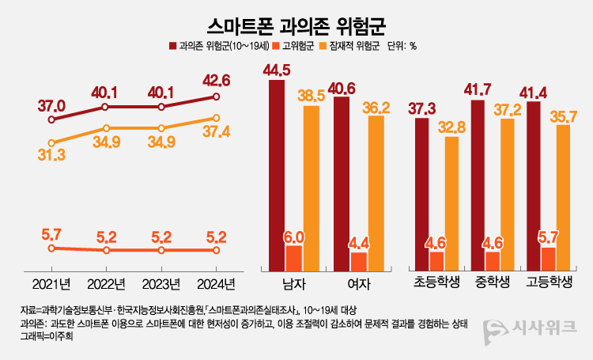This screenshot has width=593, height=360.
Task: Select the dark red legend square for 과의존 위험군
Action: tap(173, 47)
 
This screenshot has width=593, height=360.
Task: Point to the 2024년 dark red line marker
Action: tap(216, 97)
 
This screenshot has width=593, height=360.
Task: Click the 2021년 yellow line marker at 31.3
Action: tap(51, 142)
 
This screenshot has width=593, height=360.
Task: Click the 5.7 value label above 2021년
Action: tap(51, 233)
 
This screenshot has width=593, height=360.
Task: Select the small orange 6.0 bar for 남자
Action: tap(294, 257)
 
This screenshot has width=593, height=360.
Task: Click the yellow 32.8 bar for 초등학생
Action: tap(451, 203)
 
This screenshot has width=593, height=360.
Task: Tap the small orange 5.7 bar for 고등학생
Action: tap(548, 258)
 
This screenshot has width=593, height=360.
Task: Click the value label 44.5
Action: tap(277, 71)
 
